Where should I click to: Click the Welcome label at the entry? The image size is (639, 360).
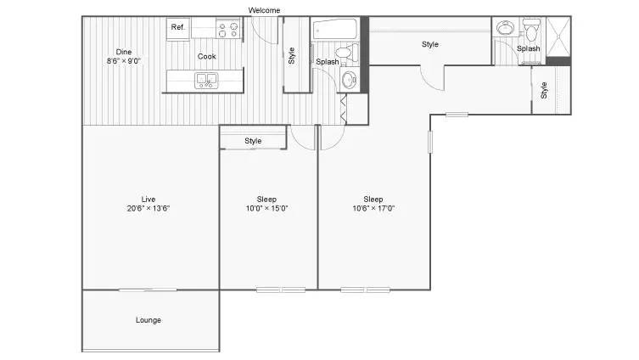264,10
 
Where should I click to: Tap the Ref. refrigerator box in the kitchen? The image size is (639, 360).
178,29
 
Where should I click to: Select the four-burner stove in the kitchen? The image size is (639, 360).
227,29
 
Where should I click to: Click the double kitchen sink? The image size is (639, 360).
206,81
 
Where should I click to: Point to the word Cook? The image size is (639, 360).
206,56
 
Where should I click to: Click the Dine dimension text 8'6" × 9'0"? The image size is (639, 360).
124,61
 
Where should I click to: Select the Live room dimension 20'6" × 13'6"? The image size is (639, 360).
149,208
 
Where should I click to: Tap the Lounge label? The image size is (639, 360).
149,320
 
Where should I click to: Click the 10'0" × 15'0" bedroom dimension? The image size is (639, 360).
266,208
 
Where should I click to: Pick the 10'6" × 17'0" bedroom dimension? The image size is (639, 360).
373,208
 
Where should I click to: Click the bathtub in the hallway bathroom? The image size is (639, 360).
335,29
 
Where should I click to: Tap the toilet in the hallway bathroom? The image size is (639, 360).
347,52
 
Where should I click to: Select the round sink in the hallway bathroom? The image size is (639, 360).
350,80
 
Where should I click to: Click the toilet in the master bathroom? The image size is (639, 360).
531,30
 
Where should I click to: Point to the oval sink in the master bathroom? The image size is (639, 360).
505,28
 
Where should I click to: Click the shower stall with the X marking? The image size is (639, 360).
558,37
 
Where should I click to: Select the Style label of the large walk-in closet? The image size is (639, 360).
430,44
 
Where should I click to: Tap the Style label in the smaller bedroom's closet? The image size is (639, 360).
253,141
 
